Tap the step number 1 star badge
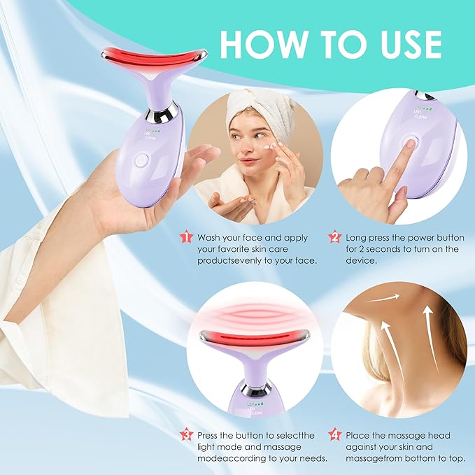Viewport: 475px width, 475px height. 185,237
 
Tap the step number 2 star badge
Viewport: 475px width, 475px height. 334,237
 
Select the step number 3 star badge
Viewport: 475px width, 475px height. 185,434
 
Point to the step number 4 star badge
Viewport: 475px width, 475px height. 334,434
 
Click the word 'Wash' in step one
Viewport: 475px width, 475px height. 211,238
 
